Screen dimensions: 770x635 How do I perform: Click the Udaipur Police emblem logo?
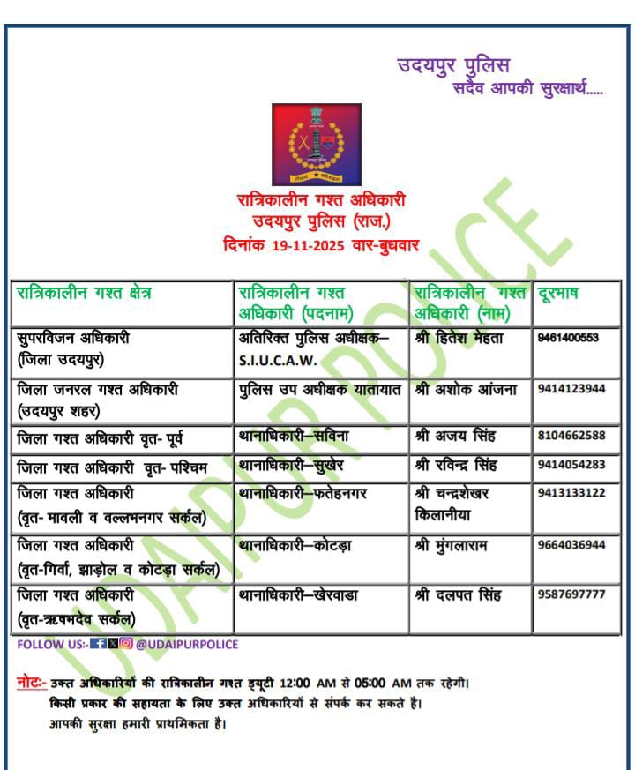pos(317,144)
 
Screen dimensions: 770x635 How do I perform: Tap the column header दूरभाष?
pos(558,293)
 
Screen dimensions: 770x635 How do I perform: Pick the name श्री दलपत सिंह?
pos(458,595)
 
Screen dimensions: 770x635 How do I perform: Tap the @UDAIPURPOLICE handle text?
pos(187,645)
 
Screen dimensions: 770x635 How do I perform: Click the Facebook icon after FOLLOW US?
pos(98,645)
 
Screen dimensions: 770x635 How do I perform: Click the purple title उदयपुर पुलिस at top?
pos(453,65)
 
